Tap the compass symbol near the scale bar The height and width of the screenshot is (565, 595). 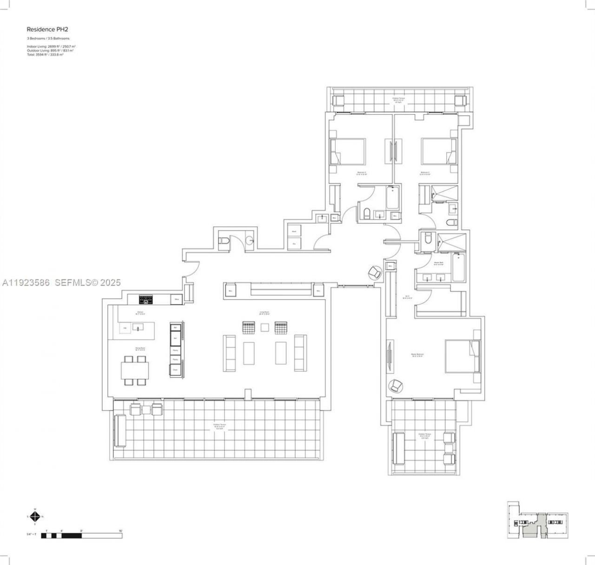click(x=35, y=516)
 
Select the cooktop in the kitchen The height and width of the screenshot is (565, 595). click(x=146, y=299)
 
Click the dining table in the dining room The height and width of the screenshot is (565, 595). click(x=135, y=371)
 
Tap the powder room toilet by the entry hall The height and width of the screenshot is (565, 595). click(x=223, y=241)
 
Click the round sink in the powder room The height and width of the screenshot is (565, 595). click(x=250, y=240)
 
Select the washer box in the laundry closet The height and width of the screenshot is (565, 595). click(x=294, y=231)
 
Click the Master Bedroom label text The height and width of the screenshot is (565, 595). click(x=417, y=355)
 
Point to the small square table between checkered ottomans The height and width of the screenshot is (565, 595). click(x=264, y=327)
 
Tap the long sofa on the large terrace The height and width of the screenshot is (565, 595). click(x=120, y=430)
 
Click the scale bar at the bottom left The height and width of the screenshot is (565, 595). click(x=81, y=536)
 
